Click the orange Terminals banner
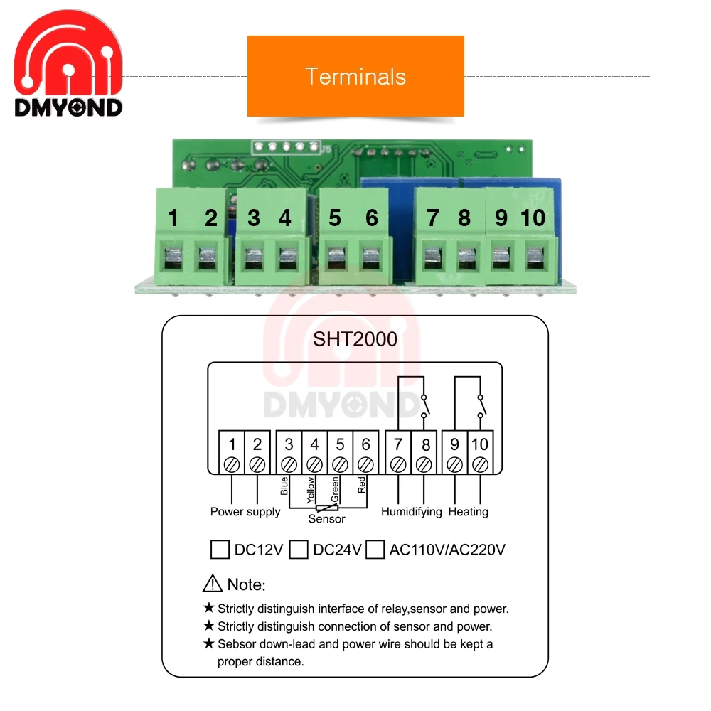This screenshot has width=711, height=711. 355,76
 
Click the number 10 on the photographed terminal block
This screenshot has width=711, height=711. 533,218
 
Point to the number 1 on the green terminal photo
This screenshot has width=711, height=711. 173,218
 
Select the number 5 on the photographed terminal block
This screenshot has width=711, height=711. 335,218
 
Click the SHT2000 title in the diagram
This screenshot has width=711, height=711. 355,339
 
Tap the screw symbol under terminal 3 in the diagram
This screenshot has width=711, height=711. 289,464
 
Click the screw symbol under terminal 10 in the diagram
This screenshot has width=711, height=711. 480,464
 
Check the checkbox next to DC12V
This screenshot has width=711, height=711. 220,550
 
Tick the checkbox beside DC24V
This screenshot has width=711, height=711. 299,550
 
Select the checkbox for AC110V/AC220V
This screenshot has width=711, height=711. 375,550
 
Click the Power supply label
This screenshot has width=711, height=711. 245,512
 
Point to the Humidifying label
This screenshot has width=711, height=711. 411,512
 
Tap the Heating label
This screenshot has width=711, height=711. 469,512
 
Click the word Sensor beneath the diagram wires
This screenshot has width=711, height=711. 326,519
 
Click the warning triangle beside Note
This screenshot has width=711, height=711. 213,584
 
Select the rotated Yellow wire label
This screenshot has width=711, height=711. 311,491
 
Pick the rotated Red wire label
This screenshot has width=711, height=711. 362,486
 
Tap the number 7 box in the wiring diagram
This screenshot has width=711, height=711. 398,445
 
